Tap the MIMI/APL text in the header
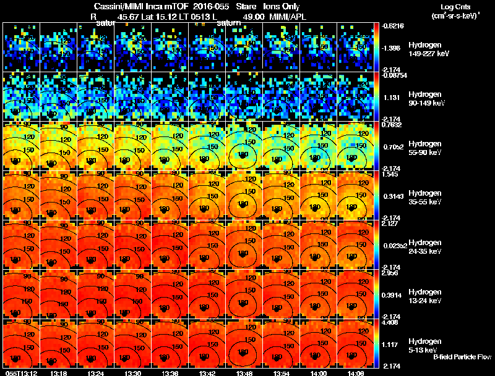[288, 17]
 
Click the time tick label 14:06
[356, 373]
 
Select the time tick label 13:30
[133, 373]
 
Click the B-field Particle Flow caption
[462, 357]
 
